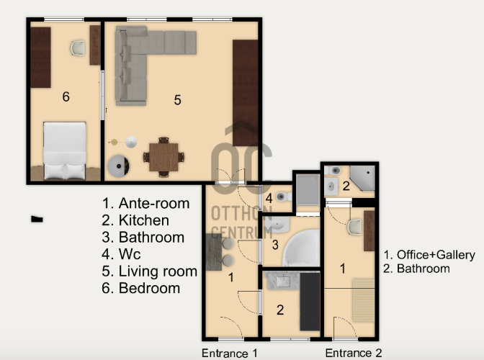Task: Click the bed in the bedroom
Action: pyautogui.click(x=65, y=150)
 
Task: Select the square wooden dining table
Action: pyautogui.click(x=163, y=157)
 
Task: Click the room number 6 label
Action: pyautogui.click(x=66, y=96)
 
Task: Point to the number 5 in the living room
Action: pyautogui.click(x=177, y=100)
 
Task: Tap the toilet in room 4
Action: pyautogui.click(x=283, y=196)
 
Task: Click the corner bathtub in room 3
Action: pyautogui.click(x=301, y=248)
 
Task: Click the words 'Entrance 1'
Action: pyautogui.click(x=229, y=354)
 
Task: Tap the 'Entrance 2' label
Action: pyautogui.click(x=354, y=353)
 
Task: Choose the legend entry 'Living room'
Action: pyautogui.click(x=158, y=271)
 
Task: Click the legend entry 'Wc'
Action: pyautogui.click(x=130, y=254)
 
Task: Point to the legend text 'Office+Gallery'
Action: pyautogui.click(x=436, y=255)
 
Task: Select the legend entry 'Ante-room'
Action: pyautogui.click(x=154, y=203)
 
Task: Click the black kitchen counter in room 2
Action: pyautogui.click(x=310, y=302)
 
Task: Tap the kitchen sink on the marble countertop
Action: pyautogui.click(x=283, y=281)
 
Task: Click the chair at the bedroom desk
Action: pyautogui.click(x=78, y=48)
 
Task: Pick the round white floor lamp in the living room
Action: pyautogui.click(x=131, y=143)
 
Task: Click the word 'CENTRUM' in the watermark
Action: pyautogui.click(x=242, y=233)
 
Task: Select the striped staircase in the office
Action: pyautogui.click(x=363, y=300)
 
